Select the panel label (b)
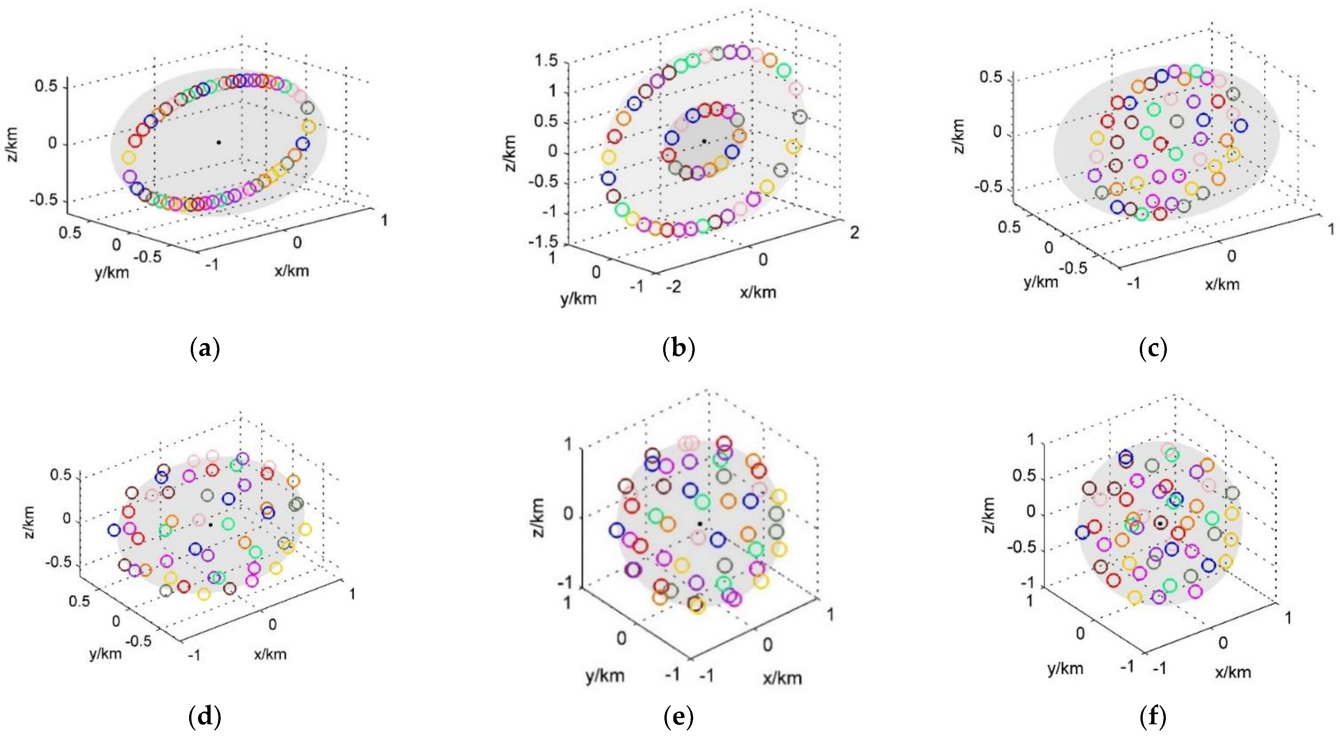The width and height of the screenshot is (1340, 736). [679, 348]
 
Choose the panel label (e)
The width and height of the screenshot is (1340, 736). [679, 717]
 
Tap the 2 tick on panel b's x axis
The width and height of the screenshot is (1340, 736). [855, 233]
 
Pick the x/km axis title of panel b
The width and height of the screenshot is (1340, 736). [758, 292]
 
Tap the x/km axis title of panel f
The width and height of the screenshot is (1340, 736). [1233, 672]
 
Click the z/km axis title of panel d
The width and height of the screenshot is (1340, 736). [31, 522]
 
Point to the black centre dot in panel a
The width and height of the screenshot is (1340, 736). [219, 142]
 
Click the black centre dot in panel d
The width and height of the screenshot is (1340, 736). [210, 525]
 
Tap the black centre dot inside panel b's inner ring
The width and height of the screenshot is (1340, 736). [704, 141]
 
